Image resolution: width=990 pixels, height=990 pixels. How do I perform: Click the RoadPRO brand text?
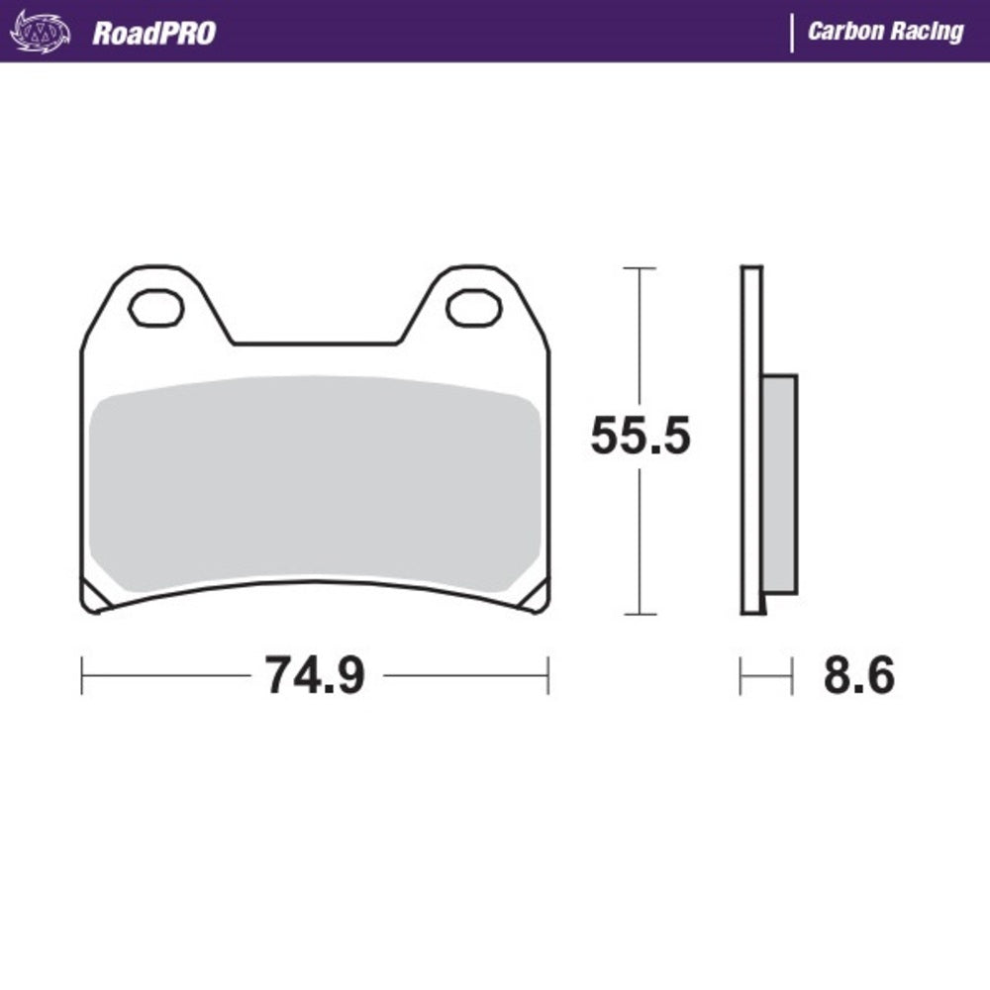coord(153,33)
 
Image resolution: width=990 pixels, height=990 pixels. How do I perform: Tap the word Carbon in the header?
coord(842,32)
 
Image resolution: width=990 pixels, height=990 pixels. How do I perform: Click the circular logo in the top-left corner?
coord(41,32)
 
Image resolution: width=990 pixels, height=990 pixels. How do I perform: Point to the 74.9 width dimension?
coord(315,676)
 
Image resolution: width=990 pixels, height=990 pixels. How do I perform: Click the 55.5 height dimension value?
coord(640,437)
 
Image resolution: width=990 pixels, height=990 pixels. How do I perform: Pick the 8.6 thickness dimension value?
coord(858,676)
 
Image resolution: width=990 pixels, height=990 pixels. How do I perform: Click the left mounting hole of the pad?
coord(156,308)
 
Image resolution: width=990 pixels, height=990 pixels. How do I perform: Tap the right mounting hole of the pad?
coord(473,308)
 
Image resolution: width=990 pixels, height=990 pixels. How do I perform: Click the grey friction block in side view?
coord(780,484)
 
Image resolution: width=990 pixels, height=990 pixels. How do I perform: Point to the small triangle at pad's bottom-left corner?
coord(96,597)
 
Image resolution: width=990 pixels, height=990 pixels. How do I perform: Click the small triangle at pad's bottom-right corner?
coord(535,597)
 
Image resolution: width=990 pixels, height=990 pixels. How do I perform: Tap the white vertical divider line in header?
coord(791,32)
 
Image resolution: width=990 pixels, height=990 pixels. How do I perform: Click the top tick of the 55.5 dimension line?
coord(640,268)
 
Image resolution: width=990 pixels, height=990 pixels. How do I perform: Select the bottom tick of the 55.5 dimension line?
coord(640,614)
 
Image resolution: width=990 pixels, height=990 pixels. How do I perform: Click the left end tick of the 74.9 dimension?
coord(82,676)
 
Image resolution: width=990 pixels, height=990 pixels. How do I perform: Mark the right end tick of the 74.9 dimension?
coord(547,676)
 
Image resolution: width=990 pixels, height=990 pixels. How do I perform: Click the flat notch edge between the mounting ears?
coord(315,345)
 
